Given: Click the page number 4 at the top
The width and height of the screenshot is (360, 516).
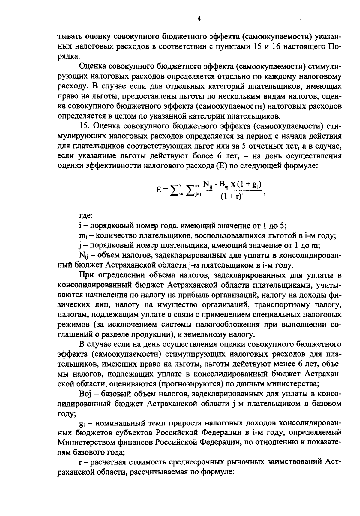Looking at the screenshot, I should (x=199, y=19).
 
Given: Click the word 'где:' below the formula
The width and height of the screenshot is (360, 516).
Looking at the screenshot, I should (x=85, y=216).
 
